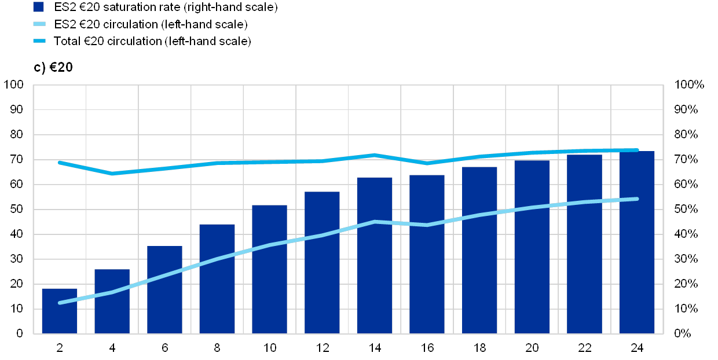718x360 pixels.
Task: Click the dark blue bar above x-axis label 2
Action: tap(60, 311)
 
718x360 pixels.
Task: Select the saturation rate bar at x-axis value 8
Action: tap(217, 278)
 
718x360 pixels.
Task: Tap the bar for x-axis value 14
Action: tap(375, 255)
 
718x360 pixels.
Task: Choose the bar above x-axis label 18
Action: tap(479, 250)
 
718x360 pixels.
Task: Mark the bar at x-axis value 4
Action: tap(112, 301)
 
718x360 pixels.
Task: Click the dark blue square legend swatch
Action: tap(39, 8)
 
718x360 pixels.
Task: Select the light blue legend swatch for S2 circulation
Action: tap(39, 24)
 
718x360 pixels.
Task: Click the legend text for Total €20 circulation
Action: tap(156, 41)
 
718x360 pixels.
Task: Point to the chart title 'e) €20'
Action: tap(53, 67)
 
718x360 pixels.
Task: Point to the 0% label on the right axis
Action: tap(683, 334)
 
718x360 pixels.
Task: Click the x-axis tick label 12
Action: tap(322, 347)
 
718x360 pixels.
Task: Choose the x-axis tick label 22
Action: tap(584, 347)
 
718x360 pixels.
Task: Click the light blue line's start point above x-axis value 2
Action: tap(60, 303)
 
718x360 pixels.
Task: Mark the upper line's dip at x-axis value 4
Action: tap(112, 173)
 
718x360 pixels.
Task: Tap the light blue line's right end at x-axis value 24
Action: tap(637, 199)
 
